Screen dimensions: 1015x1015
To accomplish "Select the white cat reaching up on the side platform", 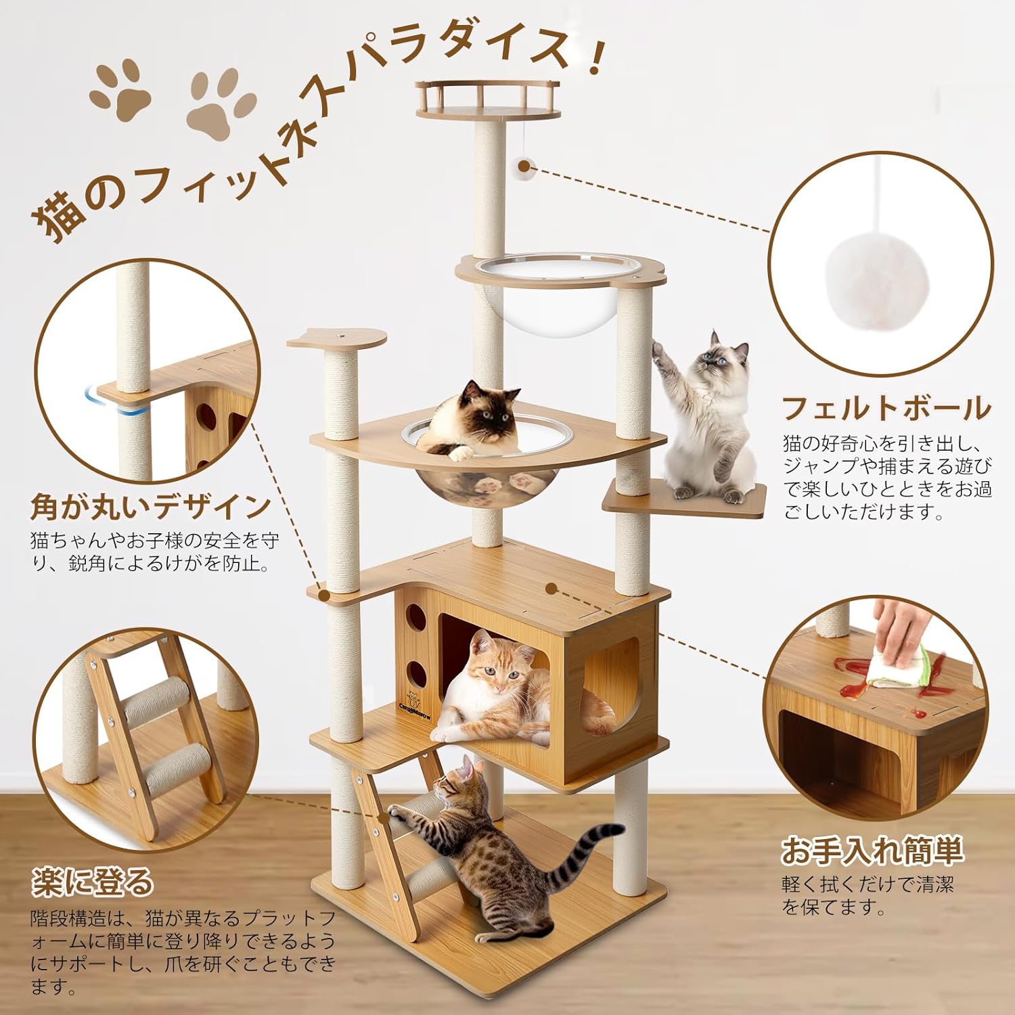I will coord(707,420).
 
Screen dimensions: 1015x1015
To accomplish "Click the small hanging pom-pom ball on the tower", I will coord(525,166).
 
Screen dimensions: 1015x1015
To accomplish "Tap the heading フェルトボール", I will coord(886,409).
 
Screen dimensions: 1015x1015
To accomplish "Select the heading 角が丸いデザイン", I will coord(150,506).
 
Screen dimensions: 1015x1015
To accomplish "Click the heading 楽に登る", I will coord(93,882).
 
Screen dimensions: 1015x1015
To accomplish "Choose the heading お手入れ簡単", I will coord(872,851).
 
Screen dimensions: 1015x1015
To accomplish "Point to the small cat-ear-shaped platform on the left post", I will coord(336,338).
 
